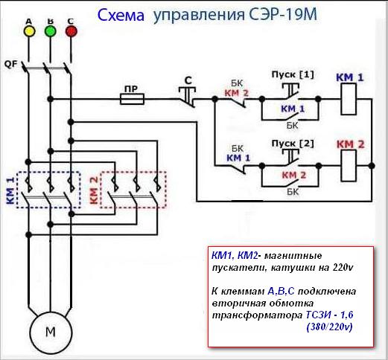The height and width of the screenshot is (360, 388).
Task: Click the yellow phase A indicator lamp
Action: pyautogui.click(x=30, y=31)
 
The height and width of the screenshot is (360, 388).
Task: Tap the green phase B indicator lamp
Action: pyautogui.click(x=51, y=31)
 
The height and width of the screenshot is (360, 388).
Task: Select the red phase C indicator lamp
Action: pyautogui.click(x=71, y=31)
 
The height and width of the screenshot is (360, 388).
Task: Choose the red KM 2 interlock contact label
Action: pyautogui.click(x=236, y=93)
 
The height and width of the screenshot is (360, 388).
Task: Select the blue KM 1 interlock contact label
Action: pyautogui.click(x=236, y=158)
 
